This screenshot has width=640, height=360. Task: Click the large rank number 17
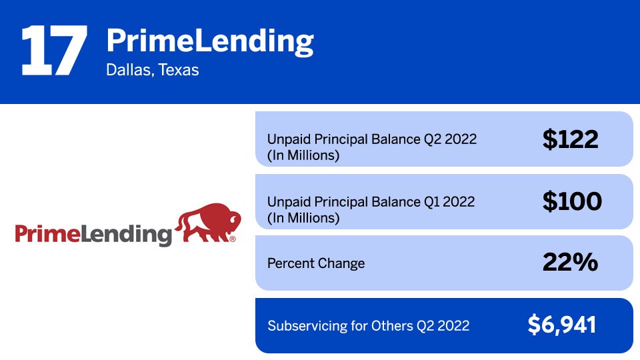pyautogui.click(x=54, y=50)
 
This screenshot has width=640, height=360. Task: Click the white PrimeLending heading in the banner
pyautogui.click(x=210, y=41)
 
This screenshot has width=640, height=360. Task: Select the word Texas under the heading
pyautogui.click(x=179, y=70)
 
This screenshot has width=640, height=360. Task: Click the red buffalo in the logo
pyautogui.click(x=208, y=223)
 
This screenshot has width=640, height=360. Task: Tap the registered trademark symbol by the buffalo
pyautogui.click(x=233, y=239)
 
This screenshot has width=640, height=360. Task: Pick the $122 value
pyautogui.click(x=570, y=139)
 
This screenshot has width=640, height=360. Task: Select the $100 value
pyautogui.click(x=572, y=201)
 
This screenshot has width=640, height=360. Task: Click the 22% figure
pyautogui.click(x=570, y=262)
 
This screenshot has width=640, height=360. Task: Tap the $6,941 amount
pyautogui.click(x=561, y=325)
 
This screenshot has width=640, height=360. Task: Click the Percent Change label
pyautogui.click(x=316, y=263)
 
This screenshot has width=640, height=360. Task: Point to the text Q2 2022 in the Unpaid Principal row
pyautogui.click(x=450, y=139)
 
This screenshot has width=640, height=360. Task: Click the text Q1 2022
pyautogui.click(x=449, y=201)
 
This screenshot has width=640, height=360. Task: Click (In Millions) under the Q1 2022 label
pyautogui.click(x=303, y=218)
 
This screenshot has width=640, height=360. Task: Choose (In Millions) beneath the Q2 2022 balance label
pyautogui.click(x=303, y=155)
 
